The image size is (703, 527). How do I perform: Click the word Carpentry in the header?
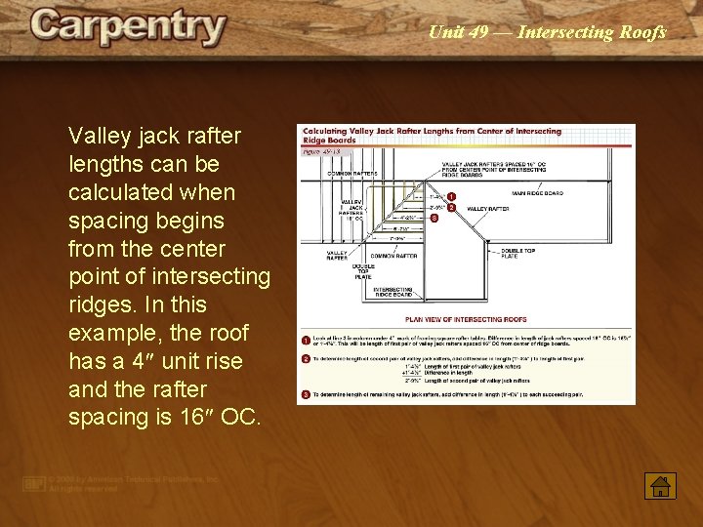tap(128, 27)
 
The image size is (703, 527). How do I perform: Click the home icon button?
tap(661, 485)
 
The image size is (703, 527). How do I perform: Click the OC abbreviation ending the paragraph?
tap(240, 417)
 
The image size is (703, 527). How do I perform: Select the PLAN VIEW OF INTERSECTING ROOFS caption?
tap(466, 319)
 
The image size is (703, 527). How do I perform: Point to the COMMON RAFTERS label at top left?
tap(351, 173)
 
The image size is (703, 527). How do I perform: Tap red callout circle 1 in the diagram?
tap(451, 197)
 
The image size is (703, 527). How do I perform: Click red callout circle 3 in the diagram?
tap(434, 219)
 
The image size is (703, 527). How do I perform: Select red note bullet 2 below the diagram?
tap(306, 359)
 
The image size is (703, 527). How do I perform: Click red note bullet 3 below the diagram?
tap(306, 394)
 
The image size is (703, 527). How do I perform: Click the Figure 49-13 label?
tap(321, 151)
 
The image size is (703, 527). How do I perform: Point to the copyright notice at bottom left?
tap(122, 482)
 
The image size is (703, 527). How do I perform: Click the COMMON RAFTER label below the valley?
tap(393, 256)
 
